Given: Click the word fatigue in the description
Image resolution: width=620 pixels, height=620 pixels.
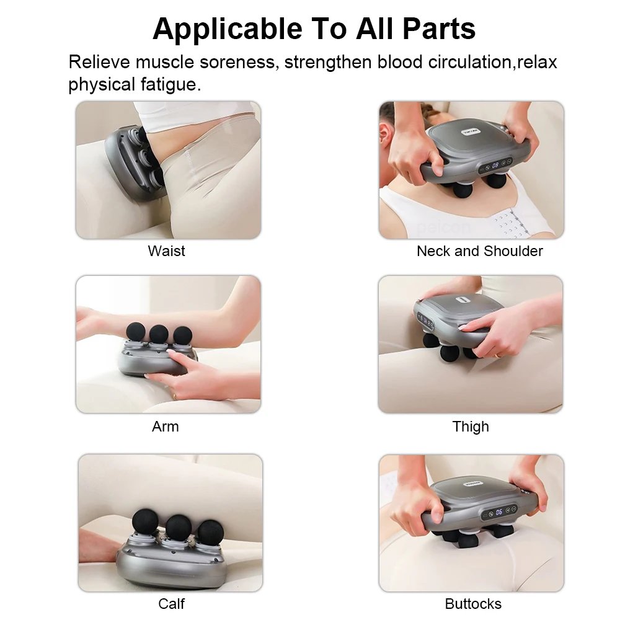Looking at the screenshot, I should tap(166, 84).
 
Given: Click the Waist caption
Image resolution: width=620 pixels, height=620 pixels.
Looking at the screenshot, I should tap(166, 251).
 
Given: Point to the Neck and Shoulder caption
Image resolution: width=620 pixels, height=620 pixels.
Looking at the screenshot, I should tap(479, 251).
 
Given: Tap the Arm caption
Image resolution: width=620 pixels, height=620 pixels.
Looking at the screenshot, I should tap(165, 427).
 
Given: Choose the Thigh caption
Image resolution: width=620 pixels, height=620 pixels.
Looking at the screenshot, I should tap(471, 427).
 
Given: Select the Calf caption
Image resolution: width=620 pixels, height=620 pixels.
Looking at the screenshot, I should tap(171, 603).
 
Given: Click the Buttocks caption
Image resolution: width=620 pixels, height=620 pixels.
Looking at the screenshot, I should tap(473, 603).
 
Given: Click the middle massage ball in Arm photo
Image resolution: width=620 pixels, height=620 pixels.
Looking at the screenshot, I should tap(159, 334).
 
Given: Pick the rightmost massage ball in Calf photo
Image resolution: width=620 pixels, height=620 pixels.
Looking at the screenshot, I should tap(210, 531).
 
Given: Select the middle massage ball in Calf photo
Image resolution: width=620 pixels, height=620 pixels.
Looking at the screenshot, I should tap(179, 527).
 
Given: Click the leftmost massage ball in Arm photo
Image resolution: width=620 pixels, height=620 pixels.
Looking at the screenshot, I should tap(136, 331).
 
